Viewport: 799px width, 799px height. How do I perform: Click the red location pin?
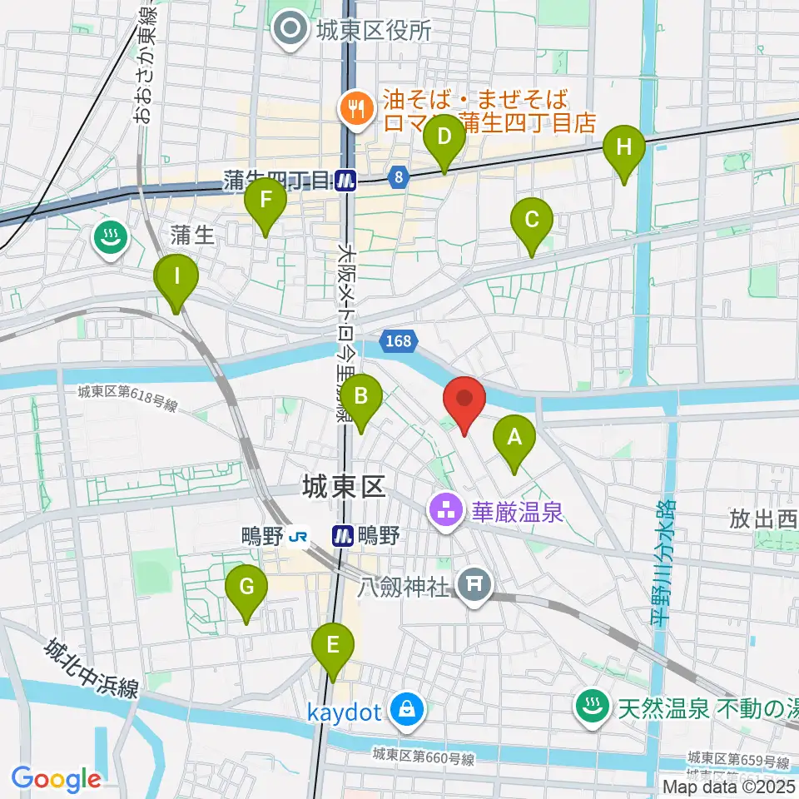(x=464, y=403)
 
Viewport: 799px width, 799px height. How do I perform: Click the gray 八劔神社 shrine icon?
(x=474, y=588)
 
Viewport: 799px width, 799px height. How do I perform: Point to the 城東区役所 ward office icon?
(x=292, y=31)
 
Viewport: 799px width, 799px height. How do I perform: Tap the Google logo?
(x=56, y=778)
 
